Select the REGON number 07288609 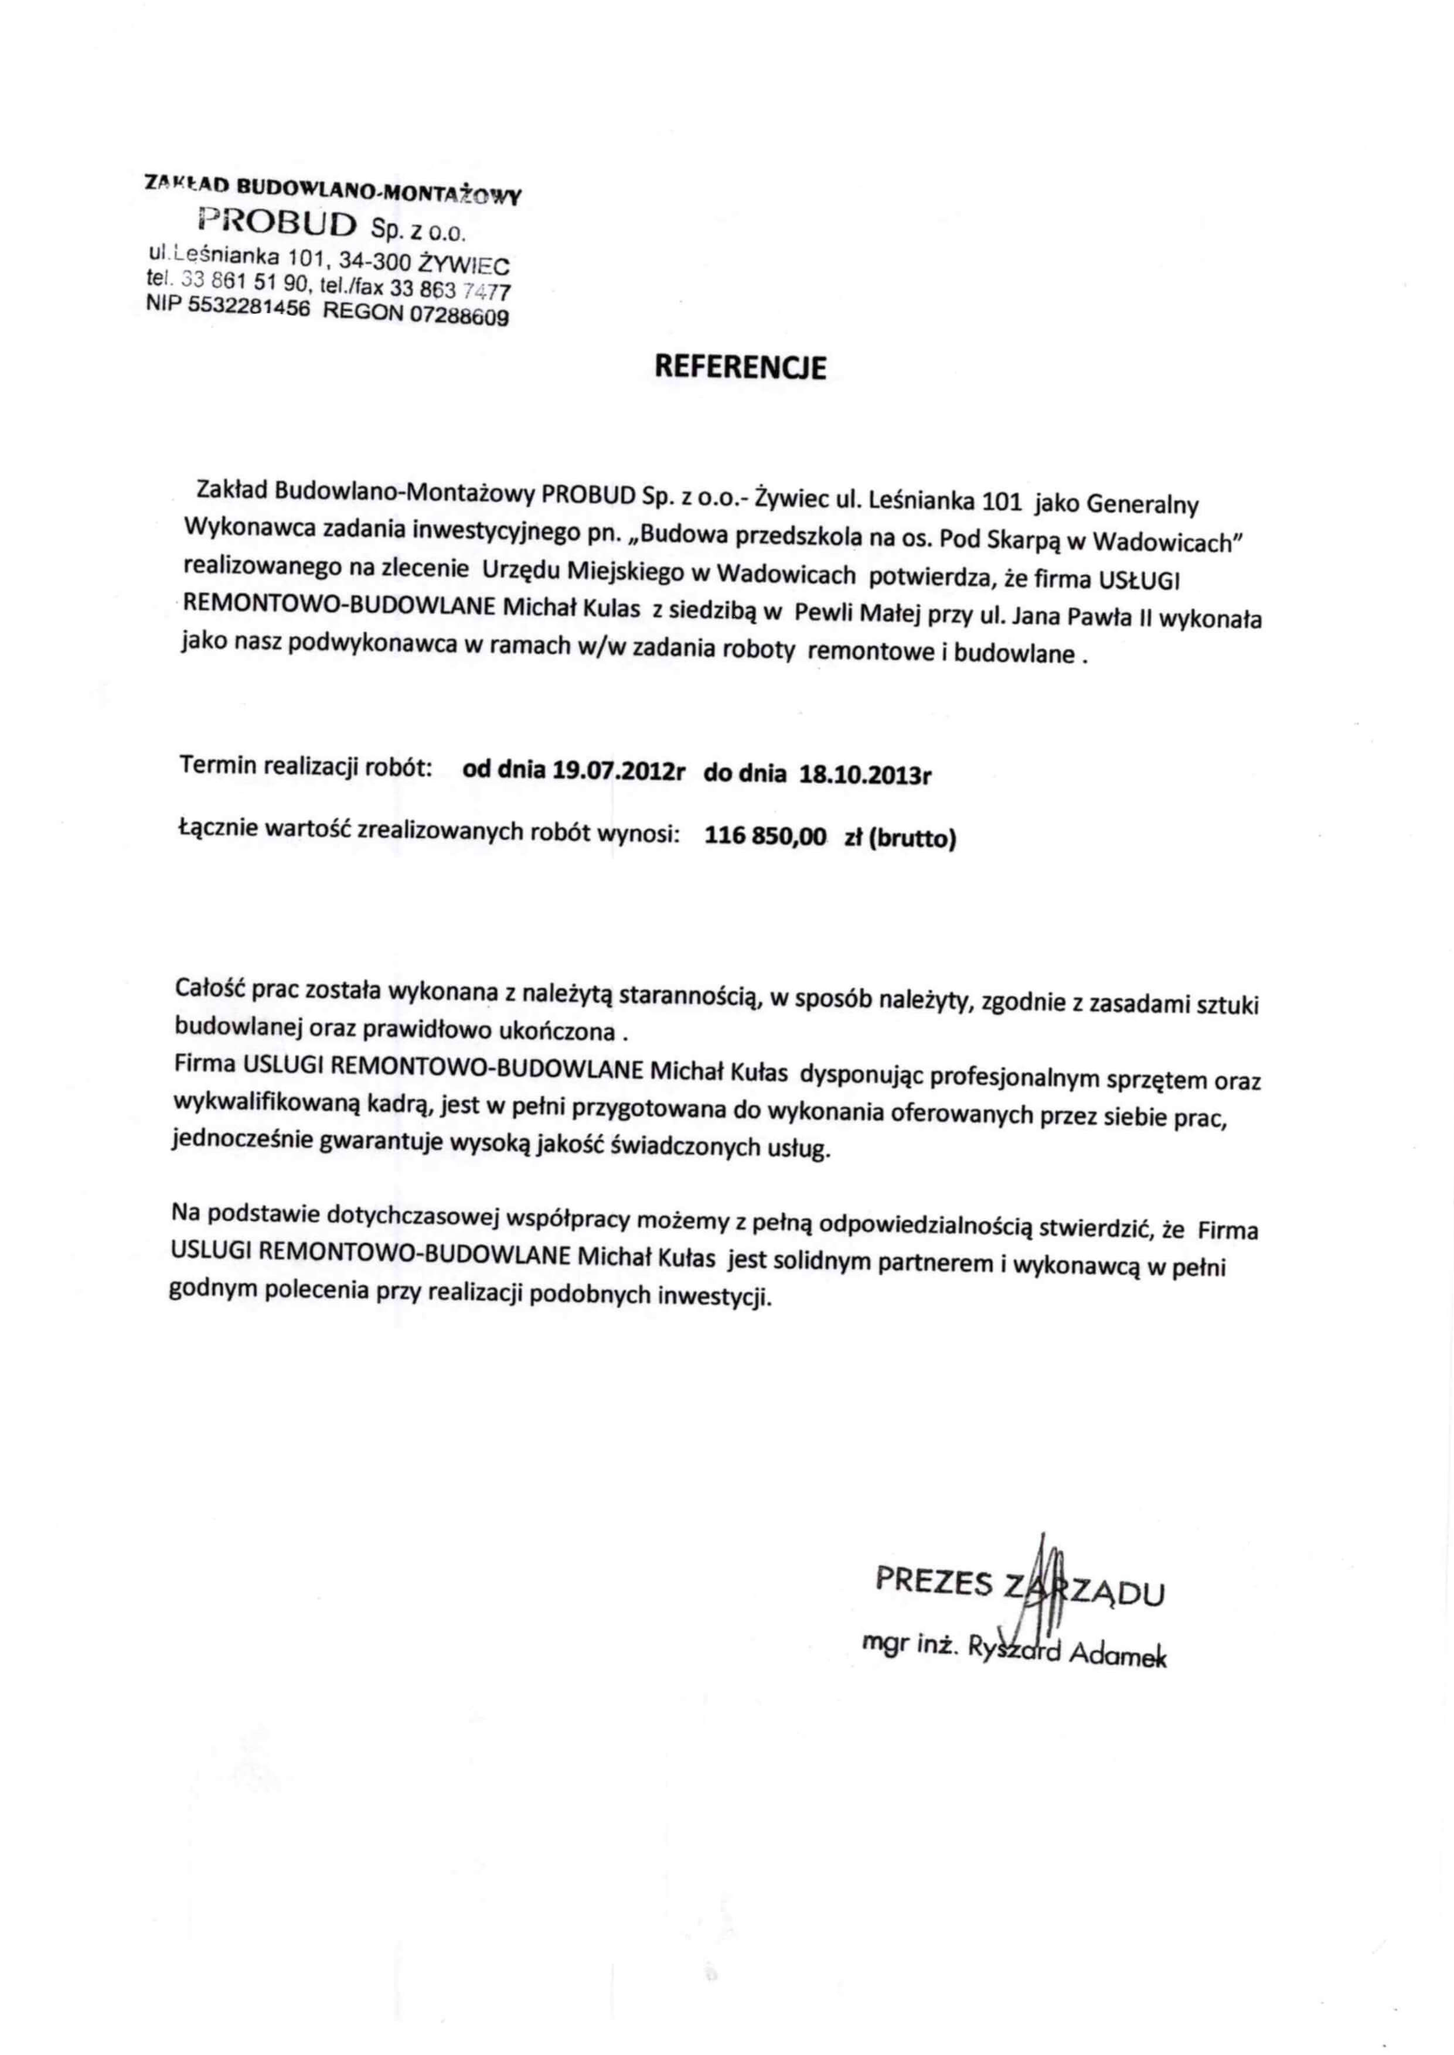(x=458, y=315)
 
